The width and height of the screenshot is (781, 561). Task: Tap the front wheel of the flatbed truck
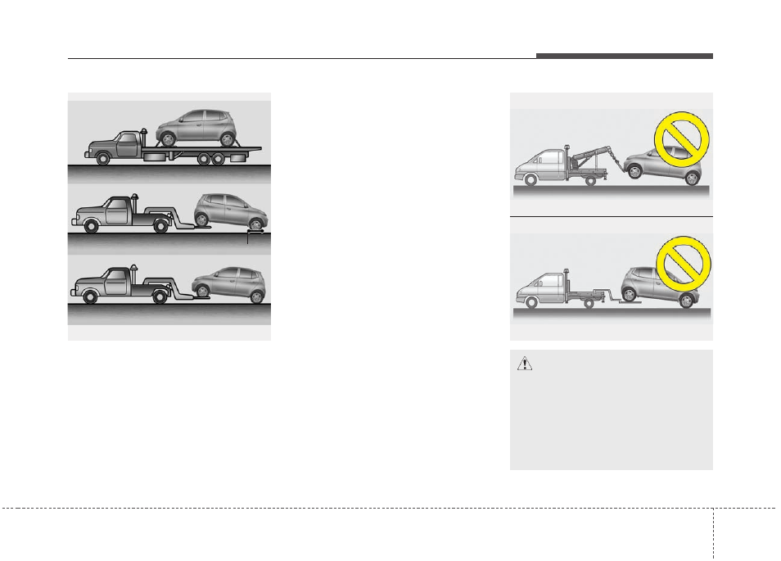click(x=103, y=159)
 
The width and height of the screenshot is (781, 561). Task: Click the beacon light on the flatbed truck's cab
click(x=144, y=129)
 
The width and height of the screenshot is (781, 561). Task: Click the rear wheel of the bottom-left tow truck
click(x=160, y=296)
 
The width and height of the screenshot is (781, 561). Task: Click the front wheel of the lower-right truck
click(x=533, y=303)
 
